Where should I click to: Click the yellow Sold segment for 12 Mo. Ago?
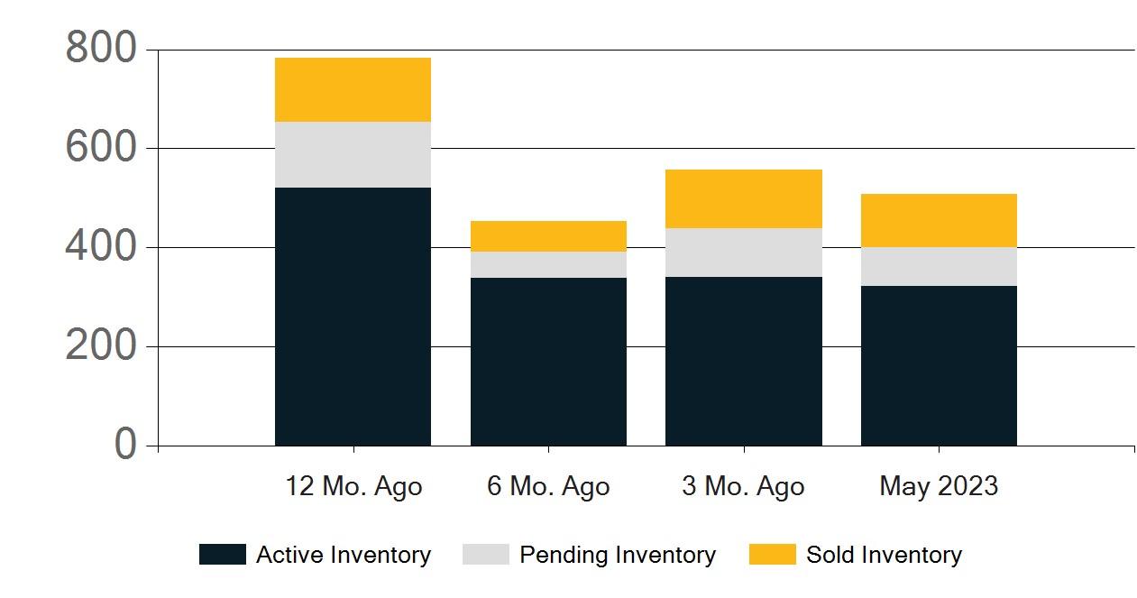[353, 89]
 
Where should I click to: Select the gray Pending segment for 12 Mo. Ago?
[353, 154]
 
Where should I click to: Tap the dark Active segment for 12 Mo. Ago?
[353, 317]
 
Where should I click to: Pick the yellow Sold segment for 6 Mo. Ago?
[548, 236]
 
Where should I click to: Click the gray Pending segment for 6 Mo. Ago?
[548, 264]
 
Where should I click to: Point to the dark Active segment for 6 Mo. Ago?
[548, 362]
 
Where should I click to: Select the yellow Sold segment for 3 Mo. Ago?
[743, 198]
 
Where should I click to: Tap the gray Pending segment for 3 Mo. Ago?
[743, 253]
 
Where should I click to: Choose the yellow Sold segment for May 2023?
[939, 220]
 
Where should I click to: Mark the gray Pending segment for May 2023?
[939, 266]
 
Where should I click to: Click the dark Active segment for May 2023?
[939, 365]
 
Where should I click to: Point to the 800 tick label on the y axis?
[100, 49]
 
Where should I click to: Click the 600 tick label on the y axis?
[100, 148]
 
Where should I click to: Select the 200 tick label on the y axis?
[100, 346]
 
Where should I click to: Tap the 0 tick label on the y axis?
[125, 445]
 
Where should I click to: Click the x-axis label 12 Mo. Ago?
[353, 487]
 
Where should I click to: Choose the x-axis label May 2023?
[939, 487]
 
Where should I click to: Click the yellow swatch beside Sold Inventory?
[772, 555]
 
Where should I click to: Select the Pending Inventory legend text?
[618, 555]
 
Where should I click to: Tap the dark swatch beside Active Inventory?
[222, 555]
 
